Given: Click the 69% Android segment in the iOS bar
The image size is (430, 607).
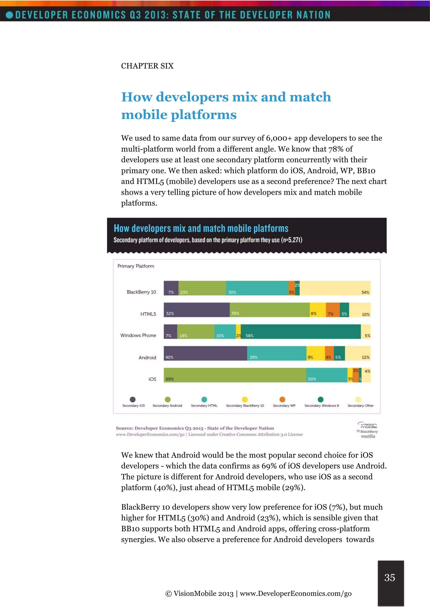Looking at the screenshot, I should [x=235, y=375].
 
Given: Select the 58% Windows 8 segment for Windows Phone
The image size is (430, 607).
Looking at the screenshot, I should [x=300, y=332].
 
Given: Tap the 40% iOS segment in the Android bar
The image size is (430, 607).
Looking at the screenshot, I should [x=205, y=353].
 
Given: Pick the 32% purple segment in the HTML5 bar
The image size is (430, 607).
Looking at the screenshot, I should [x=197, y=310].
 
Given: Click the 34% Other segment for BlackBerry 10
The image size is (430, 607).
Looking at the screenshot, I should [x=335, y=288].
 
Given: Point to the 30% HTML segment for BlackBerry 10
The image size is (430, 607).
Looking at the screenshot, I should [x=257, y=288].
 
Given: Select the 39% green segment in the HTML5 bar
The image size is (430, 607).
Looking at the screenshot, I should [x=270, y=310].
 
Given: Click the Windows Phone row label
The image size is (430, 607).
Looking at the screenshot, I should [x=138, y=335].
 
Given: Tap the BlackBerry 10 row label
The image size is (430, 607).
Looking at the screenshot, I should [x=141, y=292].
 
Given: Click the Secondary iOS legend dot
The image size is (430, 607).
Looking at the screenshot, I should [x=133, y=399].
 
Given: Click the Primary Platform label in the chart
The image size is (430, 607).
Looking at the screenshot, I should [x=136, y=266].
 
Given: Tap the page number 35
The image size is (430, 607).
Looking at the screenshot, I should [x=390, y=577].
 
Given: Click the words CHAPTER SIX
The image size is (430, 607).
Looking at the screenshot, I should [x=147, y=66].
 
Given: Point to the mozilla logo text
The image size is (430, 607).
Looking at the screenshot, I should [x=368, y=436].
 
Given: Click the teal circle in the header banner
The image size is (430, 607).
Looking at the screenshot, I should [x=9, y=15].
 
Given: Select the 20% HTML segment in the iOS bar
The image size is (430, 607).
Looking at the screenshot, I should [x=327, y=375].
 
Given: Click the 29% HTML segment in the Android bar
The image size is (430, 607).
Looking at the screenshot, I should [x=277, y=353].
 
